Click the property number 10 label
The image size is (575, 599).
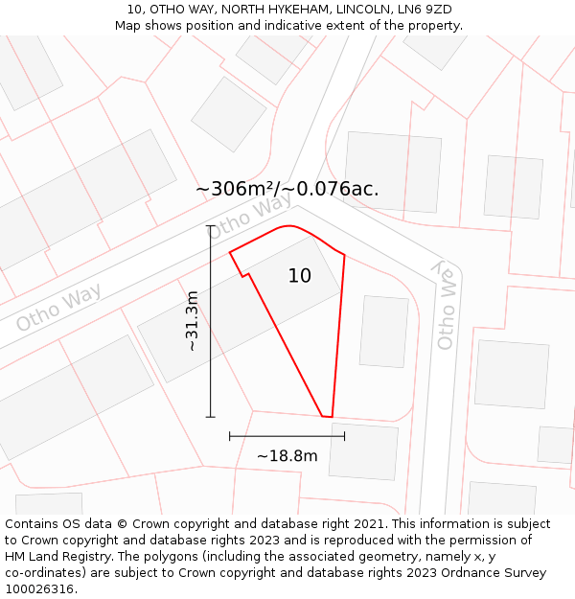300,276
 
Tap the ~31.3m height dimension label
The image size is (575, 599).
192,321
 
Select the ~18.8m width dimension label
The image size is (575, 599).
287,456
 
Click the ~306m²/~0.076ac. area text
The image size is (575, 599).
287,189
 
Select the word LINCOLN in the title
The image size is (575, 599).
363,10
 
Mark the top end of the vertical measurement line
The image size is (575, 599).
211,225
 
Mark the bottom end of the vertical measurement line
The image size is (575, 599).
211,417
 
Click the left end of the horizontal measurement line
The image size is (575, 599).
230,436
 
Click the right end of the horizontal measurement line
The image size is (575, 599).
344,436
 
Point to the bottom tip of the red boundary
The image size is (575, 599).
326,417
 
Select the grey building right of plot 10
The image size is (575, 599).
383,331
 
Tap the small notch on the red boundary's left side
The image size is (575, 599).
244,276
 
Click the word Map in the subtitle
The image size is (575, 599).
128,26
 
